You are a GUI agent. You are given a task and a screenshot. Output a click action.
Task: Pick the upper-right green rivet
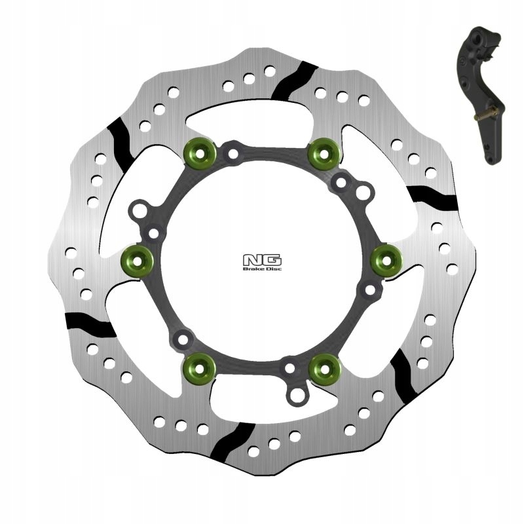click(324, 153)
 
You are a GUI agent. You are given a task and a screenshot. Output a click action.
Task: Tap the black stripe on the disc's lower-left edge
click(90, 321)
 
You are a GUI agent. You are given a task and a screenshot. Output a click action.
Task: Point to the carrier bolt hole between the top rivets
click(231, 155)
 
